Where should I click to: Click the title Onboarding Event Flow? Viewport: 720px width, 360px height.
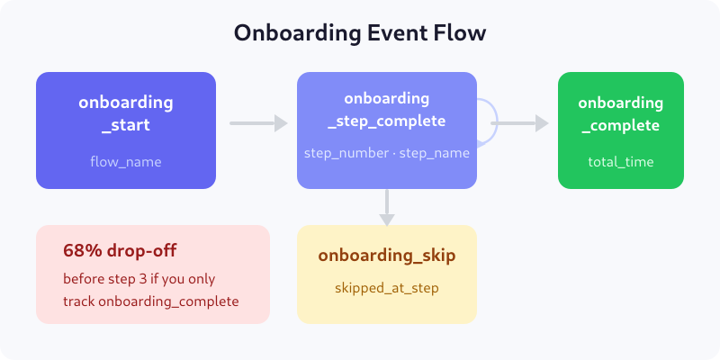(x=360, y=33)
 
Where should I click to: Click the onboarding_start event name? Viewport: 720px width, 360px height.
(x=126, y=113)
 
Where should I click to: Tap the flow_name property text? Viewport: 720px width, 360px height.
(x=126, y=162)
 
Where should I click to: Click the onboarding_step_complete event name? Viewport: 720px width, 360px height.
(x=387, y=109)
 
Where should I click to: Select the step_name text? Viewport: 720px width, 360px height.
(x=435, y=153)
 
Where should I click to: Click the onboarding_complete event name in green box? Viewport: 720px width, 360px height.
(x=621, y=113)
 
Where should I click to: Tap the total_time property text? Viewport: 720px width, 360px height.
(x=621, y=162)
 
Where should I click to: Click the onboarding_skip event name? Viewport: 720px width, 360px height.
(x=387, y=256)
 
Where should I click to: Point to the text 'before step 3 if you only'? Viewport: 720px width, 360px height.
(x=139, y=278)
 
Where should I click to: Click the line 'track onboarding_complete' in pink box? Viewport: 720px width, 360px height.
(x=151, y=301)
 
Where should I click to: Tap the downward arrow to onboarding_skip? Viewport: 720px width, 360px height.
(x=387, y=207)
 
